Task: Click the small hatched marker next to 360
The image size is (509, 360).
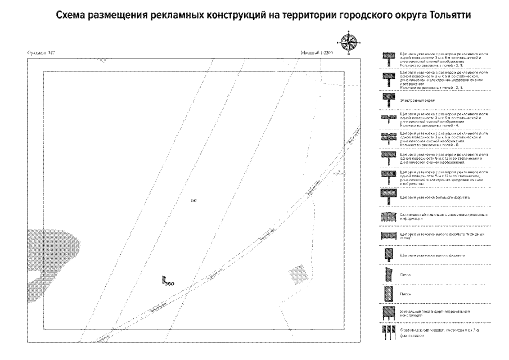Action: click(x=163, y=279)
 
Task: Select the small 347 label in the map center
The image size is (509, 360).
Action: click(x=193, y=200)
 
